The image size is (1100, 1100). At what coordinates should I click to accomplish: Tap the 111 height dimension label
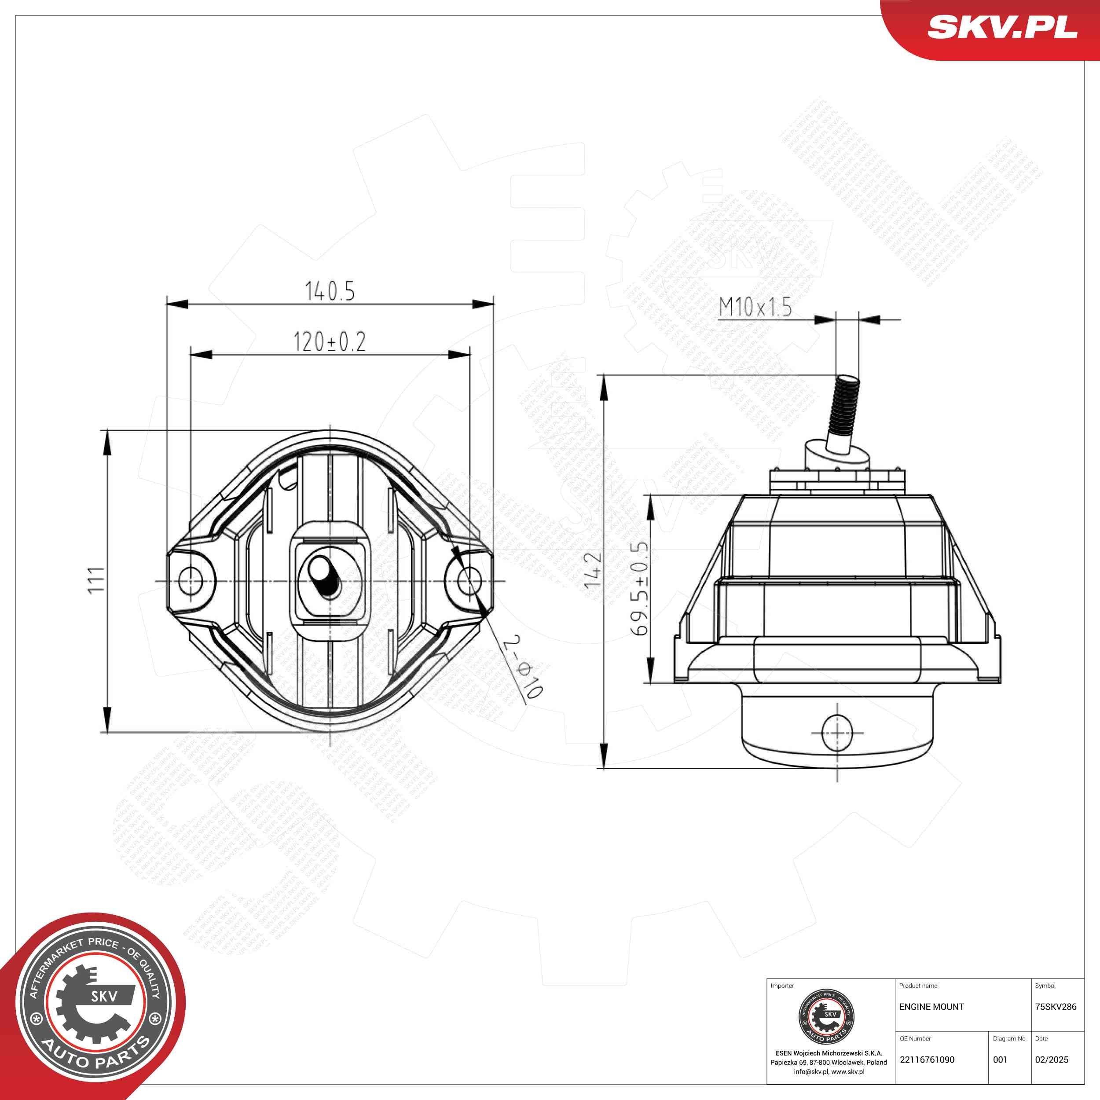click(95, 579)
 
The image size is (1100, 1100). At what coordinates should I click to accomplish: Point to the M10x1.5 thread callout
click(755, 308)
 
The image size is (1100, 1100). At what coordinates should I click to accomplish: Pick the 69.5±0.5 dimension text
click(639, 589)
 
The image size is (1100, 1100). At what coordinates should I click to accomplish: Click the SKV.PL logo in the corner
click(1002, 27)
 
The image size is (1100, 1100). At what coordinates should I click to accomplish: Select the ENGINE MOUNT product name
click(931, 1007)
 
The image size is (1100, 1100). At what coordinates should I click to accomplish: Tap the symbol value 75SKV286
click(1056, 1007)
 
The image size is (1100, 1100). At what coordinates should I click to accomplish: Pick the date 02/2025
click(1051, 1060)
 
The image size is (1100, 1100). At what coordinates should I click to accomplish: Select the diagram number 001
click(1000, 1060)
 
